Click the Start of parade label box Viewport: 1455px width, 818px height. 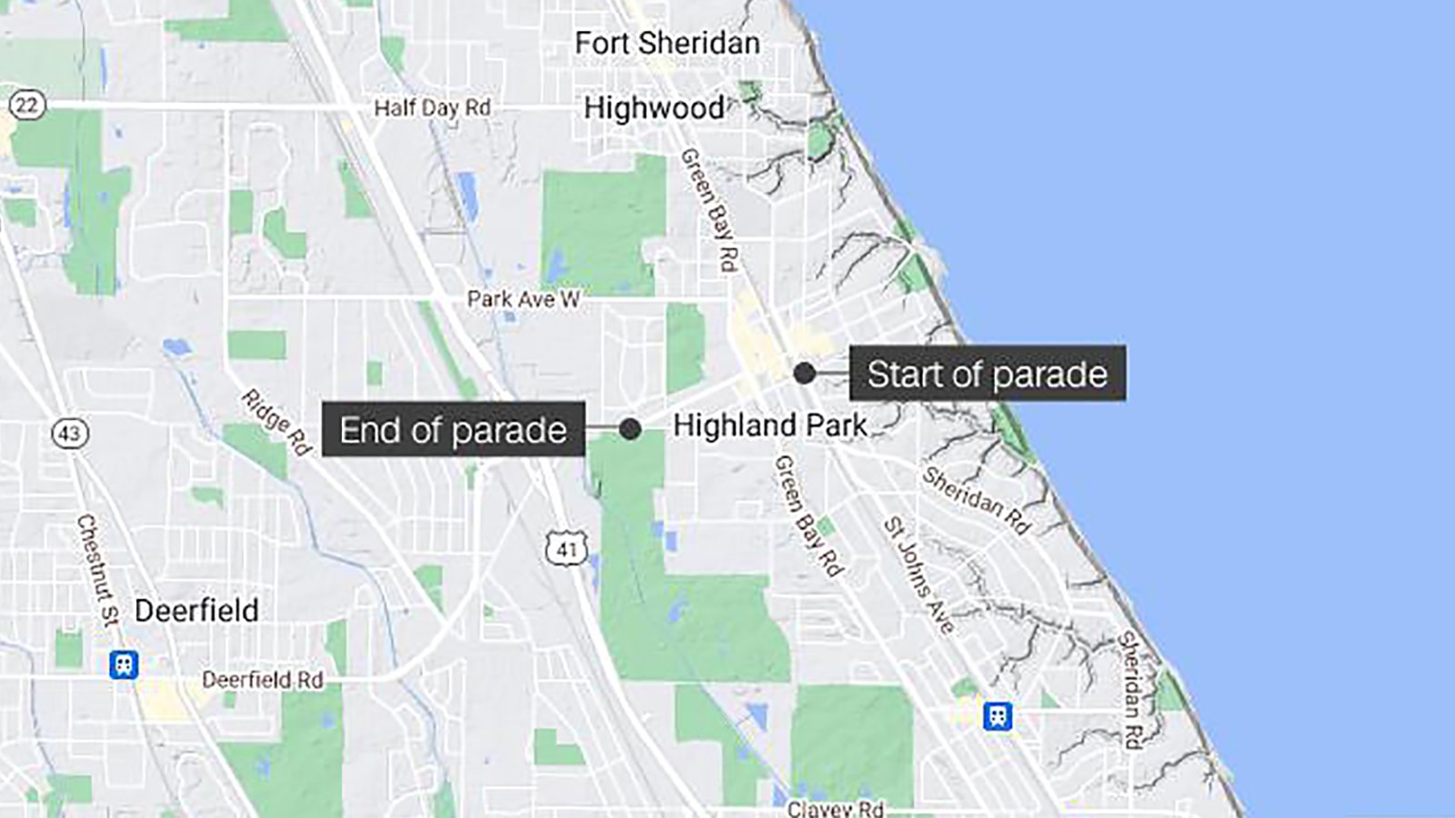(x=988, y=374)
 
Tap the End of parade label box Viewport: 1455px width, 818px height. (x=453, y=430)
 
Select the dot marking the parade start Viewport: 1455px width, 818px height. (x=804, y=373)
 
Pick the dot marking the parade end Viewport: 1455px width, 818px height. (x=629, y=429)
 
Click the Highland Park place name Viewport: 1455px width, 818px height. (x=769, y=425)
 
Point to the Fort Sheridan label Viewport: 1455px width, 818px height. (x=667, y=43)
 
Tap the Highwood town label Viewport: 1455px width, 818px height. (x=654, y=108)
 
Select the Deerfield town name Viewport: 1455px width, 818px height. (x=196, y=610)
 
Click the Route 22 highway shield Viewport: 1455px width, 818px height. (x=26, y=105)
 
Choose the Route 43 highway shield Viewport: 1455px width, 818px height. (x=70, y=433)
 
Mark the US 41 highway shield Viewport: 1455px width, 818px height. (x=567, y=549)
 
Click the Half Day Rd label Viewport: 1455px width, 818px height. (x=432, y=108)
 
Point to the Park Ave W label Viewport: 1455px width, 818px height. (x=523, y=299)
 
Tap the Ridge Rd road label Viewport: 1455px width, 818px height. (x=276, y=422)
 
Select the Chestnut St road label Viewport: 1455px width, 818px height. (x=98, y=570)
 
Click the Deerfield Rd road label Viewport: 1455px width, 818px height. (x=262, y=680)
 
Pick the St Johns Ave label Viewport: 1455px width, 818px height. (x=919, y=575)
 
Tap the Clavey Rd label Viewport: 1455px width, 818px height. (x=835, y=808)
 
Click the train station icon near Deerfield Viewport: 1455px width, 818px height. (x=124, y=664)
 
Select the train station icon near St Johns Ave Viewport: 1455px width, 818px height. (x=998, y=715)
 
